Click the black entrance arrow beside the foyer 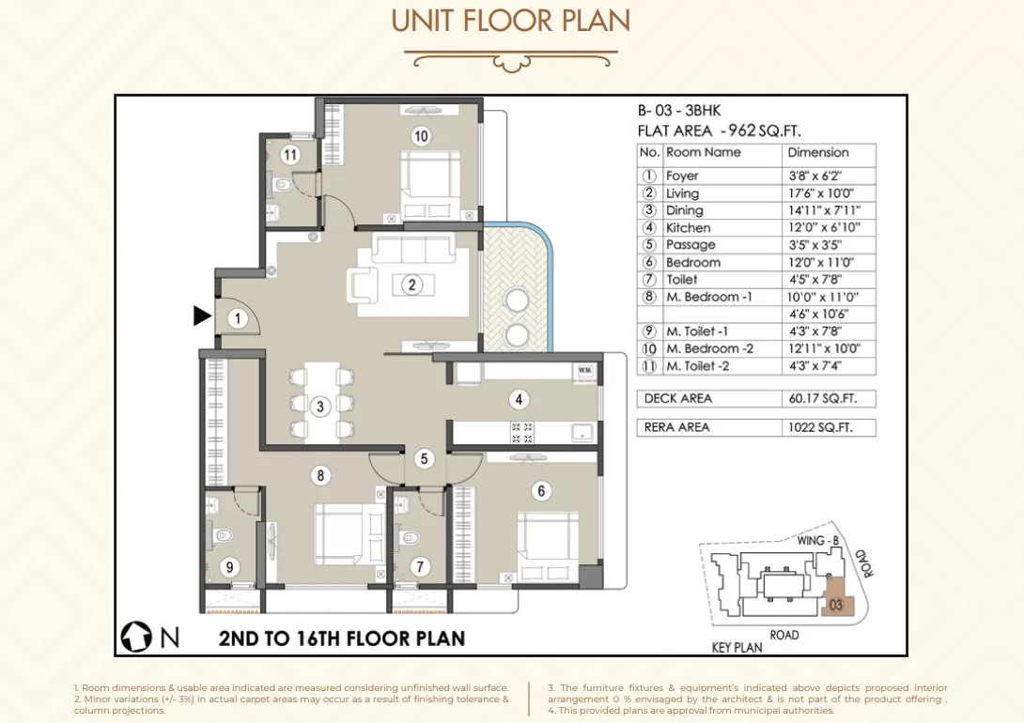[202, 315]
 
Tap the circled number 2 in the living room [411, 285]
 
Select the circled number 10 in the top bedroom [421, 136]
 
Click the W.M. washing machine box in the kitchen [584, 370]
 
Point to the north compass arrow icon [136, 637]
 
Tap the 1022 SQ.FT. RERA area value [820, 427]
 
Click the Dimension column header [817, 152]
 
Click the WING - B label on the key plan [817, 540]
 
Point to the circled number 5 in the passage [424, 459]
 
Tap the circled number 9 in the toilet [229, 567]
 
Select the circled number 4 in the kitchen [519, 399]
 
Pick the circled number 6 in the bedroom [541, 491]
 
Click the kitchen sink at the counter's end [582, 432]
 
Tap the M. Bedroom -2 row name [709, 348]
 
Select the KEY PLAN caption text [737, 647]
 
